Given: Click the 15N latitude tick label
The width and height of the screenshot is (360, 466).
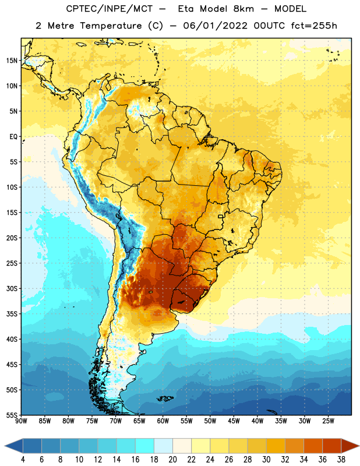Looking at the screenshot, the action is click(12, 61).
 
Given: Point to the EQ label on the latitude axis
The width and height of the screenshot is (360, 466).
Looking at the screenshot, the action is click(13, 137).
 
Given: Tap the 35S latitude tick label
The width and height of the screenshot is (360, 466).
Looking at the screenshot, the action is click(12, 314).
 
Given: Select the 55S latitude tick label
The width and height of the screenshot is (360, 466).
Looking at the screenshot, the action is click(12, 415).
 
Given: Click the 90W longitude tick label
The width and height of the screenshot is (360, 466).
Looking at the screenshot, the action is click(21, 421).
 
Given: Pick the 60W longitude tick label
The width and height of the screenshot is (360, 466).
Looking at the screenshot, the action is click(163, 421).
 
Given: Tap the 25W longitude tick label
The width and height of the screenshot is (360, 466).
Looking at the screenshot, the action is click(328, 421).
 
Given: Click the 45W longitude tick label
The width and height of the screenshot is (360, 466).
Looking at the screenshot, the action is click(234, 421).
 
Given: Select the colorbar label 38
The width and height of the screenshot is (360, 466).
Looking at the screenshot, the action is click(341, 460).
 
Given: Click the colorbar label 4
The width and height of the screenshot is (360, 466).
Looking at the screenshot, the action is click(23, 460).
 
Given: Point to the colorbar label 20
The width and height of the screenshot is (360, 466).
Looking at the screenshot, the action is click(172, 460).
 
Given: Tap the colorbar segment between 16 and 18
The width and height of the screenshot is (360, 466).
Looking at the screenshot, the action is click(144, 446).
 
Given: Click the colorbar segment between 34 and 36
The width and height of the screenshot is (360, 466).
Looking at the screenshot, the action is click(313, 446).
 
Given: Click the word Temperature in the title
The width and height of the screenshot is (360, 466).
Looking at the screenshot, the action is click(111, 26).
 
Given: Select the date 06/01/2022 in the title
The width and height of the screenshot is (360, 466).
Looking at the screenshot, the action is click(215, 26).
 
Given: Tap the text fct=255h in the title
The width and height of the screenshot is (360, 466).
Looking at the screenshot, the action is click(314, 26).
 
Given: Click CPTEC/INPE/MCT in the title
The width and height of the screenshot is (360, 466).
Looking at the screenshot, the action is click(109, 9).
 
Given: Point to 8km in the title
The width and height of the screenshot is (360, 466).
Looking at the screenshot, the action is click(243, 9).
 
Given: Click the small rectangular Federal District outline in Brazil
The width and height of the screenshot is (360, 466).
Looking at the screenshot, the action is click(221, 216).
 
